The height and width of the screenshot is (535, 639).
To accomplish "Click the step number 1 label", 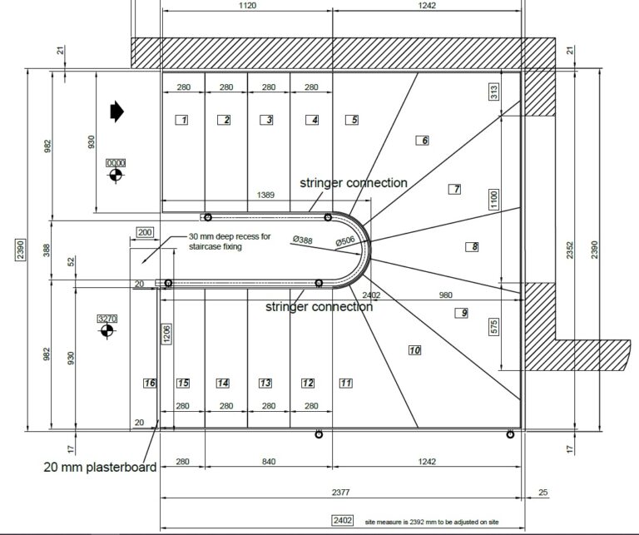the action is click(181, 120).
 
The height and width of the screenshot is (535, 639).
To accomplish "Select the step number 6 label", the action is click(422, 141).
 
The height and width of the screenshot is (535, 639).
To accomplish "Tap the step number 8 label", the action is click(472, 246).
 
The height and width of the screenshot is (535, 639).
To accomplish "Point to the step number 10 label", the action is click(415, 350).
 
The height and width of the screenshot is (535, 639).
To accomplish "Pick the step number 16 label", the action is click(150, 383).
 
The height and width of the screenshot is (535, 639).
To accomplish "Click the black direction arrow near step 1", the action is click(117, 111).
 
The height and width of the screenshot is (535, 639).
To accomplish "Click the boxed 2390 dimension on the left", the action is click(20, 250).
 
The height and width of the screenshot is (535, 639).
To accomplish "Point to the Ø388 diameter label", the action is click(303, 240).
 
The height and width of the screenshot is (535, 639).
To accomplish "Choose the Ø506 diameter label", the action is click(345, 241).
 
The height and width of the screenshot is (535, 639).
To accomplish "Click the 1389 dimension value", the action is click(265, 195).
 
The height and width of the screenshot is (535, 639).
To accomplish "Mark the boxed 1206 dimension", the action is click(166, 334).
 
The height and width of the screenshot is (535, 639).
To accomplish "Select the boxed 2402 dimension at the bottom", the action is click(342, 520).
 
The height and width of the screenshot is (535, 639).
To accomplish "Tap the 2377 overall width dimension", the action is click(340, 493).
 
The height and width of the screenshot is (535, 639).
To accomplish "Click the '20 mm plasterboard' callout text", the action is click(100, 467).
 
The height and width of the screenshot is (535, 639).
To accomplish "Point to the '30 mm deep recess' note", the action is click(230, 241).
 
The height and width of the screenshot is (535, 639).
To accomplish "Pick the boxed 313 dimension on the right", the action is click(493, 92).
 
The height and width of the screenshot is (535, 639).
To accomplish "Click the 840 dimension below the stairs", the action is click(269, 462).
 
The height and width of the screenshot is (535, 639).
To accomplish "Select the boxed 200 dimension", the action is click(145, 232).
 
